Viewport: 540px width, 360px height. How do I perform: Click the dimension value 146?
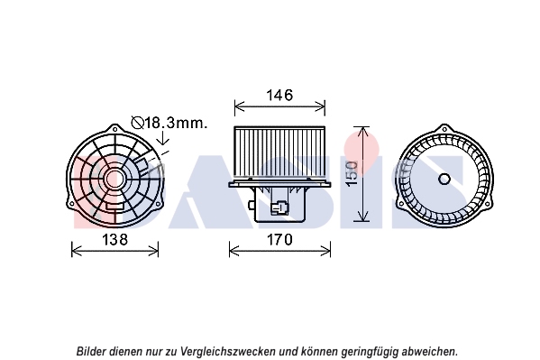pyautogui.click(x=279, y=95)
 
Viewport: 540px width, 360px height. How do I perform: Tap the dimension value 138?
pyautogui.click(x=115, y=239)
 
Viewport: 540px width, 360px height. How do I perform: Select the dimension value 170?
pyautogui.click(x=279, y=239)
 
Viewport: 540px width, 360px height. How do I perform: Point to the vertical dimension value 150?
pyautogui.click(x=352, y=174)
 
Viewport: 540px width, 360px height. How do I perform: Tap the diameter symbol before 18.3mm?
pyautogui.click(x=137, y=123)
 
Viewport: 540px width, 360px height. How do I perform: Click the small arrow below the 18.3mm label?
pyautogui.click(x=162, y=137)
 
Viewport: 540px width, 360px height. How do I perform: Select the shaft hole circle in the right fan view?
pyautogui.click(x=444, y=179)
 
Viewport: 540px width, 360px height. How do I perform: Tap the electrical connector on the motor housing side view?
pyautogui.click(x=279, y=208)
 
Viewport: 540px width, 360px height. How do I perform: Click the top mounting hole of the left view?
pyautogui.click(x=115, y=130)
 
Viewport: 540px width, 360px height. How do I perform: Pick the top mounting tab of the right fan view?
pyautogui.click(x=444, y=129)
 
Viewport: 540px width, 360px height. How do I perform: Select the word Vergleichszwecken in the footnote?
pyautogui.click(x=228, y=352)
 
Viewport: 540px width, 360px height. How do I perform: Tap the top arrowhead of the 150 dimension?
pyautogui.click(x=362, y=131)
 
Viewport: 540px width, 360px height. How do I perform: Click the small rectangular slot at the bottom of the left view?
pyautogui.click(x=114, y=207)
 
